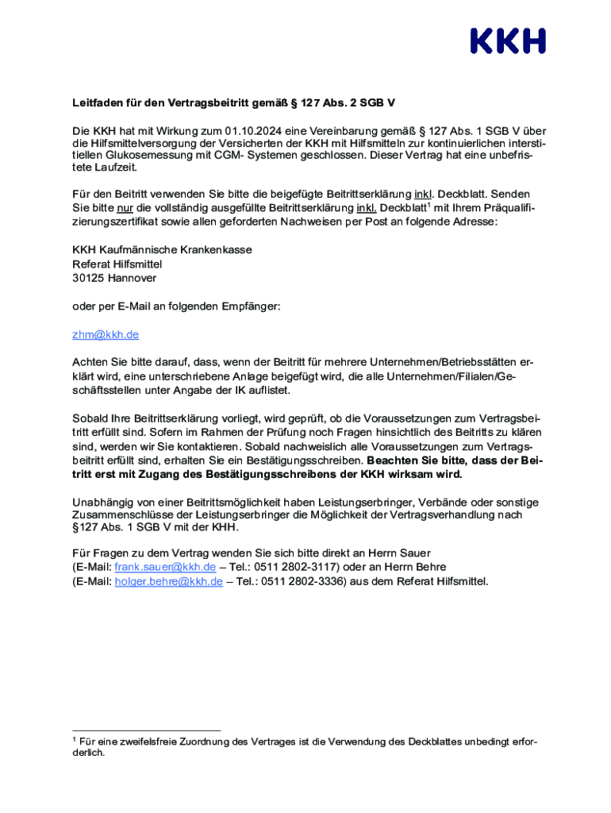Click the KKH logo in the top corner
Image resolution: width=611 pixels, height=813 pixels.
(x=508, y=40)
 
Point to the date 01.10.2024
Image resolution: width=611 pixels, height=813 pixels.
(x=250, y=131)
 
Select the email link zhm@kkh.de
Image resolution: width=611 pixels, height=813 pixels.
(x=106, y=335)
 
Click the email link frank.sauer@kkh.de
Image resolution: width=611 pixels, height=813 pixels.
(x=165, y=567)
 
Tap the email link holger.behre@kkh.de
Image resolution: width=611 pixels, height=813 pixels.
(x=168, y=581)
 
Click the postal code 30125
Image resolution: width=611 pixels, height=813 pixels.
(x=87, y=279)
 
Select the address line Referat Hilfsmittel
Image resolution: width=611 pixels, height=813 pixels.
(x=117, y=264)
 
